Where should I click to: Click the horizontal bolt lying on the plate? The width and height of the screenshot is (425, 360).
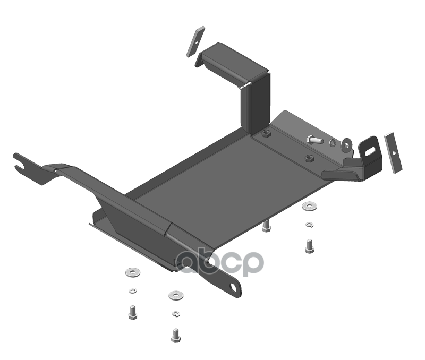click(x=314, y=140)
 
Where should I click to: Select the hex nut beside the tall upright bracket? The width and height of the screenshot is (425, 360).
click(x=266, y=134)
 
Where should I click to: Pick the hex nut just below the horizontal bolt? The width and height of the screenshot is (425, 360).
click(x=310, y=158)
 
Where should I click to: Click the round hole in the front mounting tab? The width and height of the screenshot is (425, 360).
click(x=233, y=287)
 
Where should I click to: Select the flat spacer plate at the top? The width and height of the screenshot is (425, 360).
click(x=195, y=41)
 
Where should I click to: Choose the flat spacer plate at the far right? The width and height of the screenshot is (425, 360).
click(x=393, y=152)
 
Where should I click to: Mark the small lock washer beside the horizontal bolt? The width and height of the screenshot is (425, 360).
click(x=333, y=142)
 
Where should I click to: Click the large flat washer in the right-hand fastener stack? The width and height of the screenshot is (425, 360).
click(x=310, y=206)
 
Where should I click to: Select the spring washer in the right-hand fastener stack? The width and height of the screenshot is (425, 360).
click(x=309, y=224)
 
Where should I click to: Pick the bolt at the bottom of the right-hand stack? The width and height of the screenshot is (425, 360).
click(x=309, y=246)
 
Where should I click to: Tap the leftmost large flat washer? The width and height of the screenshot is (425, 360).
click(x=133, y=272)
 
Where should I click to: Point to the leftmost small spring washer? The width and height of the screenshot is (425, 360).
click(x=132, y=290)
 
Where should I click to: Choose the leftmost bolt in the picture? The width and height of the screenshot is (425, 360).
click(x=132, y=312)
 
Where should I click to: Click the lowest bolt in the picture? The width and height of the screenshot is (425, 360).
click(x=176, y=336)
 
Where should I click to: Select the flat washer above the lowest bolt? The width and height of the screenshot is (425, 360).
click(x=176, y=295)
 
